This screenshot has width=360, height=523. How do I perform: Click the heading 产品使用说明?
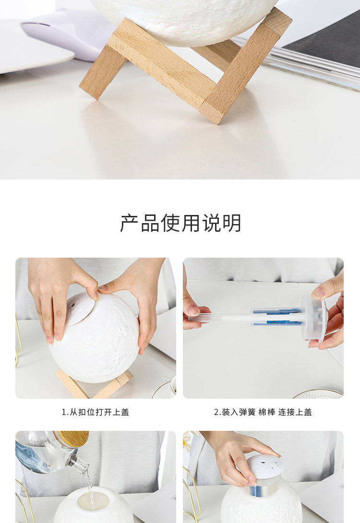coord(180,223)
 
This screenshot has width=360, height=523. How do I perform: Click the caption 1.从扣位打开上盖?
coord(96,412)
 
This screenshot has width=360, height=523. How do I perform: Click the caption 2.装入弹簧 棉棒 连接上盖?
coord(263,412)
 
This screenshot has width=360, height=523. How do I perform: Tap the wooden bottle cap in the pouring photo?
coord(73,438)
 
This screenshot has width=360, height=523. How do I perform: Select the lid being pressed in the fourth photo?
coord(264,466)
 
